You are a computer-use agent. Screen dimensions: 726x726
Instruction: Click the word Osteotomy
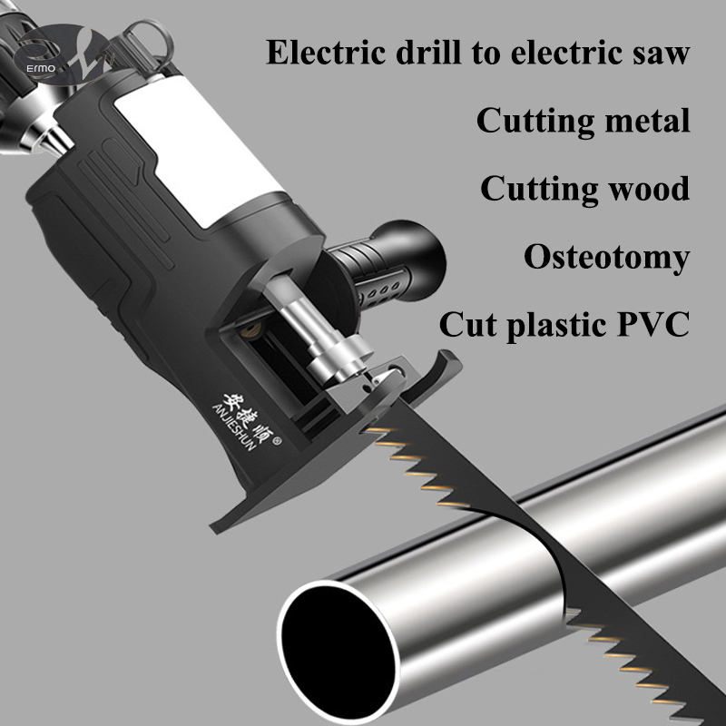(606, 258)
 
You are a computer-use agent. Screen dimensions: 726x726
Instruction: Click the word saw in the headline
(662, 54)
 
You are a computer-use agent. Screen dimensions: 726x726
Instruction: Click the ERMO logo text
(41, 69)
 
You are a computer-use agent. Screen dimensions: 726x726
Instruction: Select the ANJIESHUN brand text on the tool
(234, 427)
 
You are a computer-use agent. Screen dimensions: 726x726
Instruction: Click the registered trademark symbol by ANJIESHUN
(278, 441)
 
